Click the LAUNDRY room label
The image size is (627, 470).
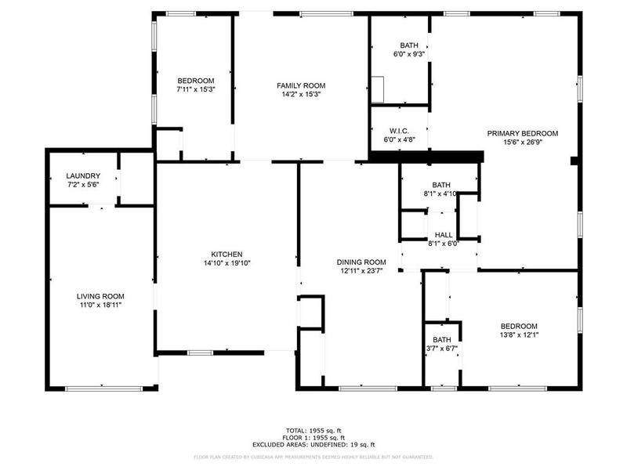(83, 176)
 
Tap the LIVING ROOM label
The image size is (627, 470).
(100, 296)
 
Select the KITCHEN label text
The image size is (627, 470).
(227, 255)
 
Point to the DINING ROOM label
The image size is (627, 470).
(361, 262)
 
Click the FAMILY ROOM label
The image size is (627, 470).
(301, 85)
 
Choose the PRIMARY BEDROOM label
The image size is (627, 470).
(523, 133)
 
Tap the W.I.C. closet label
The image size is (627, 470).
(398, 132)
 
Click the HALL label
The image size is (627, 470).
(444, 234)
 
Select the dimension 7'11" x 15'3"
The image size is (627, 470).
(196, 90)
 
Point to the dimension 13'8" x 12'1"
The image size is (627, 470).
(519, 334)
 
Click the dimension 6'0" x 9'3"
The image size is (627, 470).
(409, 54)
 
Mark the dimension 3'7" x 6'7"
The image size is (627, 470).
(442, 348)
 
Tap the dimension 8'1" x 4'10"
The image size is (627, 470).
(440, 193)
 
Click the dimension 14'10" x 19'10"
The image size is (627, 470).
(227, 263)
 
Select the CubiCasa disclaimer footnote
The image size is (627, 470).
(313, 457)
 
